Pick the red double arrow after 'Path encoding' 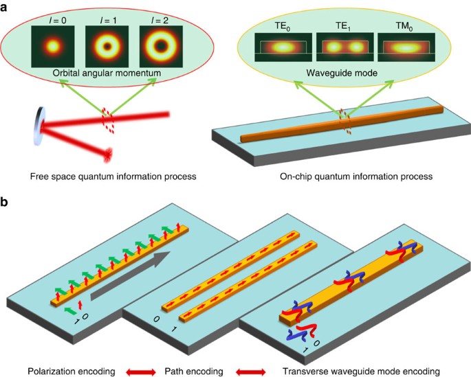tap(252, 371)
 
